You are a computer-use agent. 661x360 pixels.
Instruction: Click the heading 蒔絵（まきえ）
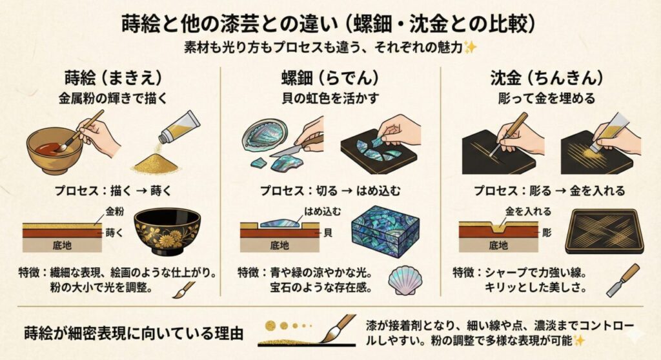coord(110,79)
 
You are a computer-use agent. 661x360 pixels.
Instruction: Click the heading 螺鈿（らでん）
coord(330,79)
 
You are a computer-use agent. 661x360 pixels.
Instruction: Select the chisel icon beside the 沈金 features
coord(622,280)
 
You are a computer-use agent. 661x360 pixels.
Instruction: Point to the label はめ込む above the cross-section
coord(317,212)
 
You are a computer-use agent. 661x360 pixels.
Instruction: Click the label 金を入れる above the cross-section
coord(528,211)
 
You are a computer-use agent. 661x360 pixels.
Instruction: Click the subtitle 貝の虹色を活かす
coord(330,99)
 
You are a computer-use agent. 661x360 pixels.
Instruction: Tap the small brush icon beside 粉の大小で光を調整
coord(183,288)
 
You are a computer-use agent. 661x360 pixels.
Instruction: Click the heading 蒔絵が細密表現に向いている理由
coord(132,334)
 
